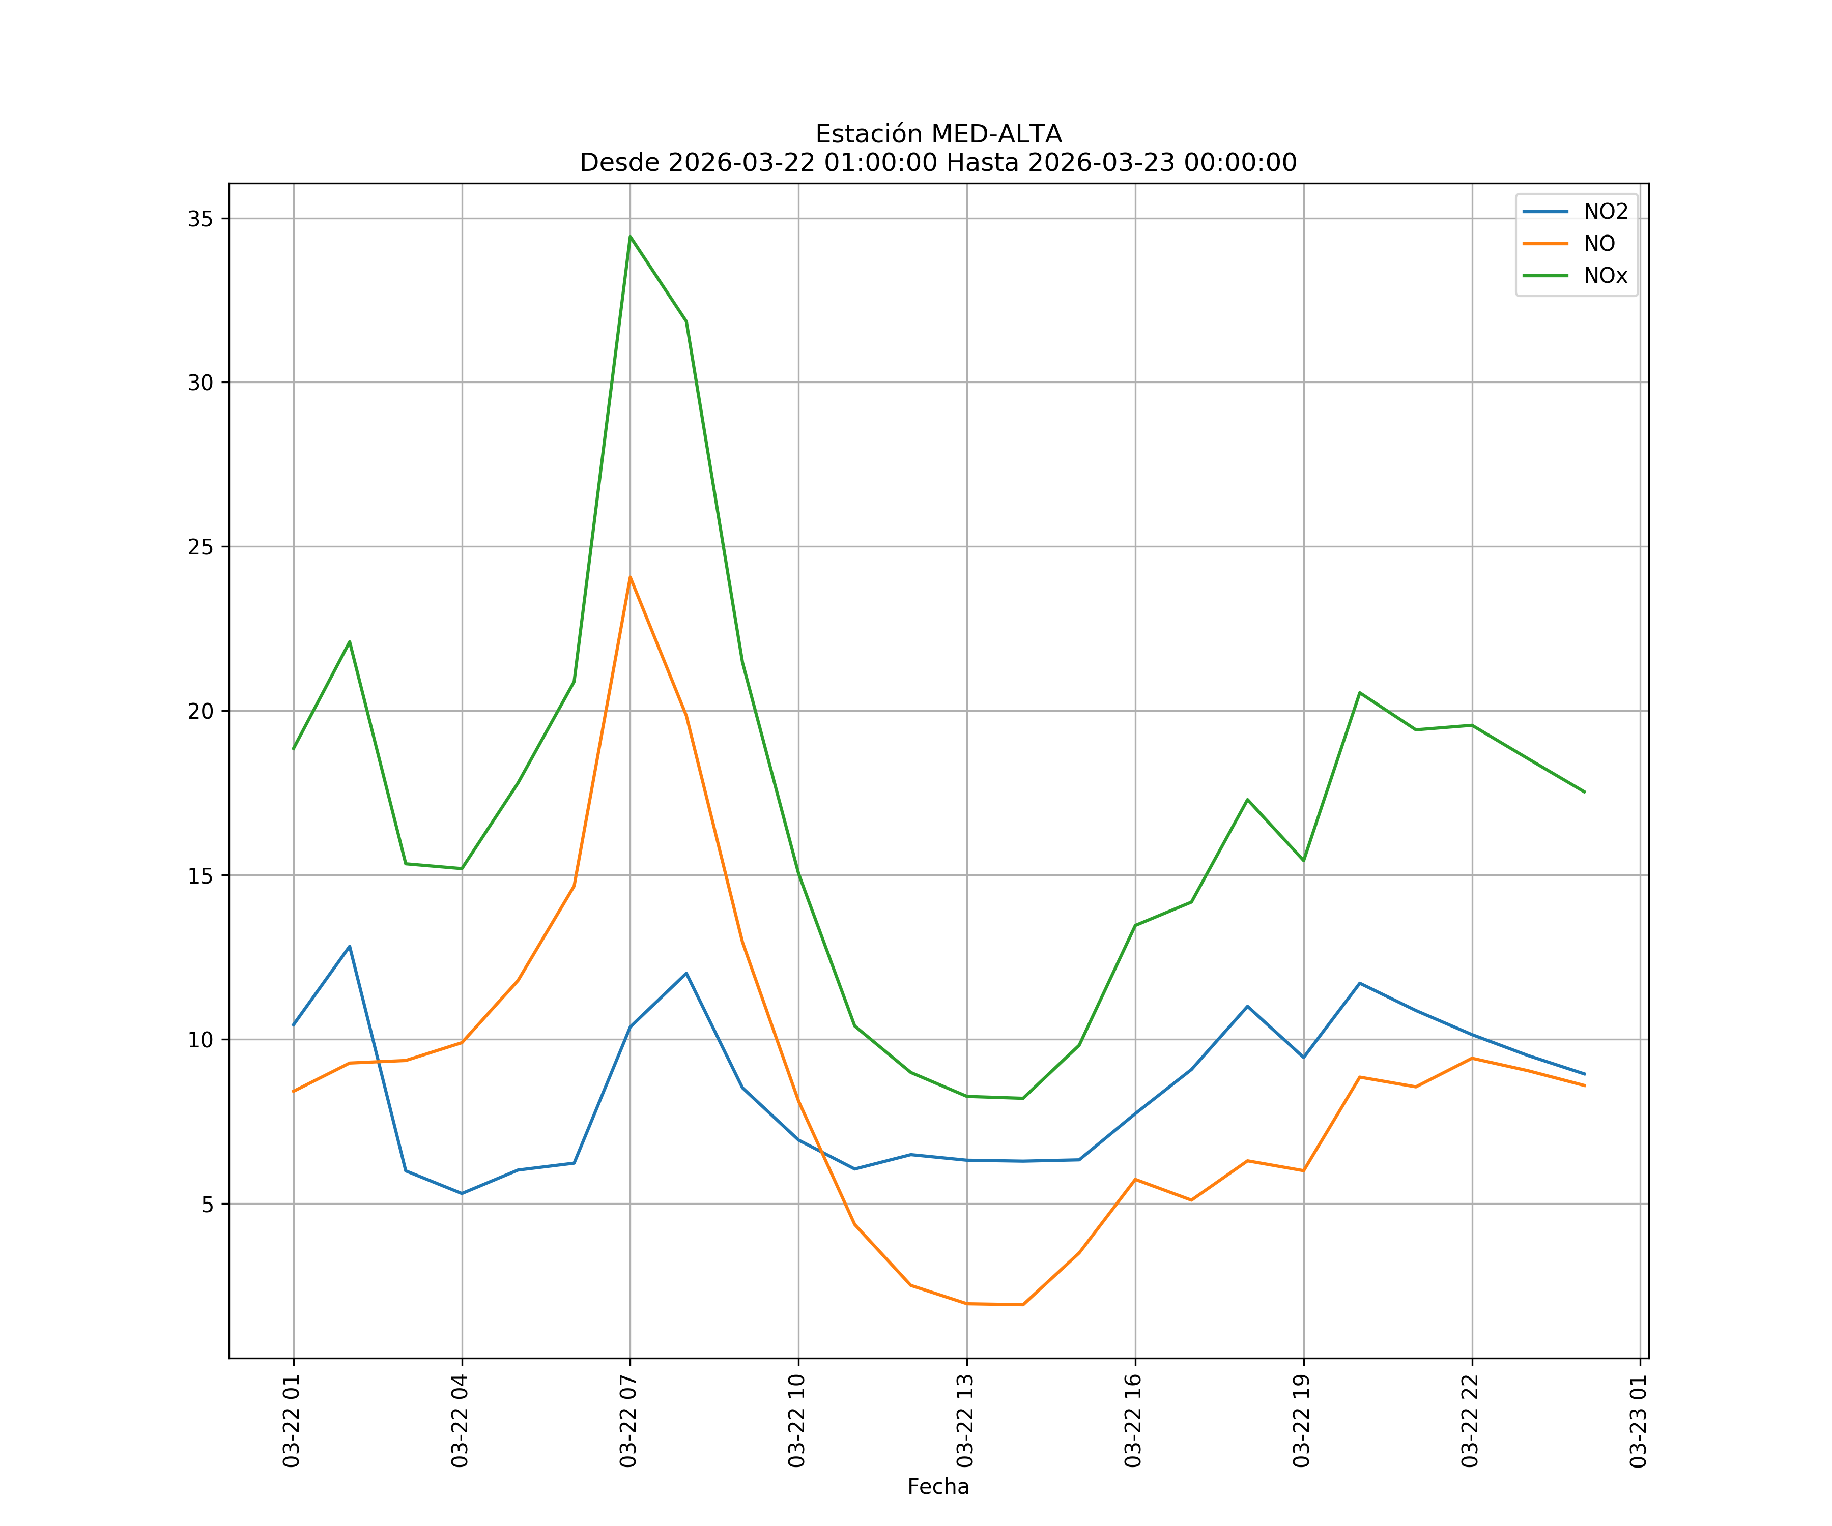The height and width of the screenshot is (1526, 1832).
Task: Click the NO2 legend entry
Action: pos(1605,212)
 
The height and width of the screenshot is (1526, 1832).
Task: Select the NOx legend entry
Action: pos(1605,276)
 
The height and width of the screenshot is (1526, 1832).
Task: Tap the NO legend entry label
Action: pos(1599,244)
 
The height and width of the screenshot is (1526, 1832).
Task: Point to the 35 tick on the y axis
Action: pos(200,219)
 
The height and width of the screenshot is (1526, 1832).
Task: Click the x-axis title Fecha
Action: pos(938,1487)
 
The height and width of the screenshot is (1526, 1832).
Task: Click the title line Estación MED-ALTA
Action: pos(938,134)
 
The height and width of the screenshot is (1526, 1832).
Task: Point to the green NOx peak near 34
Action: pos(630,237)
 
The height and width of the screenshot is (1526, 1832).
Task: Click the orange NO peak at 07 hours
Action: pos(630,577)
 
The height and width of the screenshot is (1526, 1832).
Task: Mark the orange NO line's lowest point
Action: pos(1022,1305)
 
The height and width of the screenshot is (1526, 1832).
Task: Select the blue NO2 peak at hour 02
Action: pos(349,946)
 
